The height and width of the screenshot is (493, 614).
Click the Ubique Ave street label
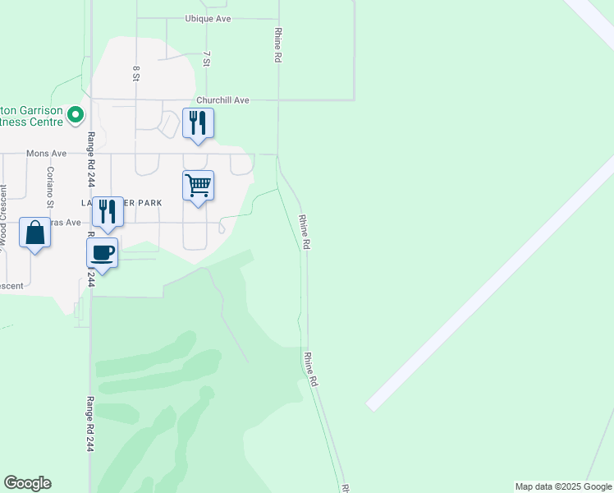point(208,18)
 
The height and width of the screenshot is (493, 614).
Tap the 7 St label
point(208,58)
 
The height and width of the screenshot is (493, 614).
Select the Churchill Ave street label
point(222,100)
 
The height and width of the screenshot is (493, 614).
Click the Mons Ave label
point(46,154)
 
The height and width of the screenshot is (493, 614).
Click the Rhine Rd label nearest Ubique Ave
point(277,45)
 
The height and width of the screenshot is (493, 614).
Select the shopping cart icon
point(198,186)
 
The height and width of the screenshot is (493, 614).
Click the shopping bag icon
point(35,233)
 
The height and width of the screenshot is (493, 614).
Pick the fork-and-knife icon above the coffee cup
point(107,211)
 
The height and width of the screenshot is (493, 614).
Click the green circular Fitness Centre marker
point(76,114)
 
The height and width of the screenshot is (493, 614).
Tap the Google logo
point(27,483)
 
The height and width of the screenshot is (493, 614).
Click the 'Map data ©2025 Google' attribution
point(563,486)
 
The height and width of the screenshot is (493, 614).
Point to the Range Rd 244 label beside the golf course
point(89,425)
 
